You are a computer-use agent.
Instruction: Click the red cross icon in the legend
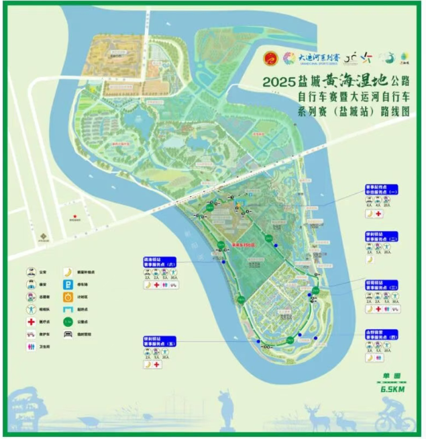coord(30,321)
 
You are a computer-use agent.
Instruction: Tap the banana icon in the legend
coord(68,272)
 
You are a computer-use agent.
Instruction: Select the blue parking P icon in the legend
coord(68,285)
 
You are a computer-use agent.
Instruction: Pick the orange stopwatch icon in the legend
coord(68,297)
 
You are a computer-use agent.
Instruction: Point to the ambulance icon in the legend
coord(30,334)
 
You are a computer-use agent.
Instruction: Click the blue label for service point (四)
coord(382,333)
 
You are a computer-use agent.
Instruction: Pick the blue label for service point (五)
coord(160,341)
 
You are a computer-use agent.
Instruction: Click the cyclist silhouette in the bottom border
coord(396,416)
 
